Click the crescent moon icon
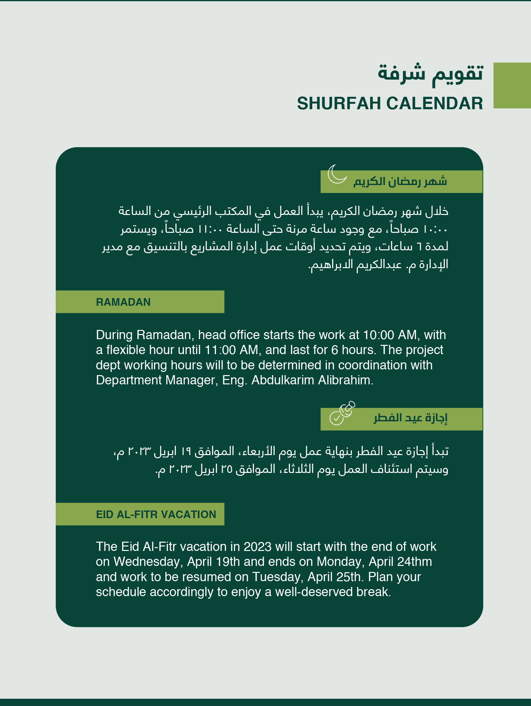pos(337,174)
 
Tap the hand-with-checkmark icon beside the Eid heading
pos(342,413)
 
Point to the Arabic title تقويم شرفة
pos(430,74)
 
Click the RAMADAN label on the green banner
pos(123,302)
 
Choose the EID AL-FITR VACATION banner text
pos(156,515)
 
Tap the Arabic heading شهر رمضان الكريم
pos(400,181)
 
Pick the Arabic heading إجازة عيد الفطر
pos(411,418)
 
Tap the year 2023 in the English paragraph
pos(257,547)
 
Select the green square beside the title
pos(512,85)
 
